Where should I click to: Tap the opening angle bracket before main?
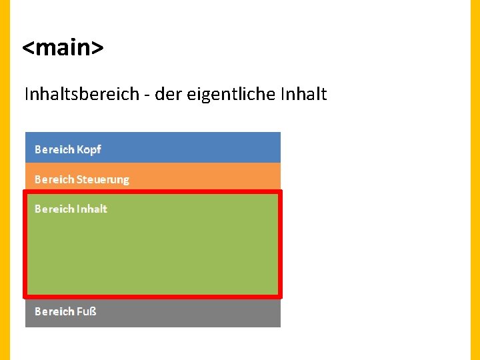(29, 49)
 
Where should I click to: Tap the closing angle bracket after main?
(97, 49)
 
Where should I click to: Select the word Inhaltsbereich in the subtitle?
(81, 94)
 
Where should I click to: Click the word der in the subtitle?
(168, 94)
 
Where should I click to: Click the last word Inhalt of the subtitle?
(304, 94)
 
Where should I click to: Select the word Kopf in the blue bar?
(89, 149)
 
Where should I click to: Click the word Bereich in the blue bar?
(54, 149)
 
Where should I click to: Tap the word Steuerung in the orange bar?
(103, 179)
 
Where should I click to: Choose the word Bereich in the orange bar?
(54, 179)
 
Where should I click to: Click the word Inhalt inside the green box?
(92, 209)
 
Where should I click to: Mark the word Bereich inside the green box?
(54, 209)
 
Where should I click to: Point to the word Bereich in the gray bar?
(54, 311)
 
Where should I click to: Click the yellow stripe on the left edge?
(5, 180)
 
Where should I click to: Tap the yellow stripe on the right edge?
(475, 180)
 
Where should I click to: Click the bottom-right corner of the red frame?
(280, 296)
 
